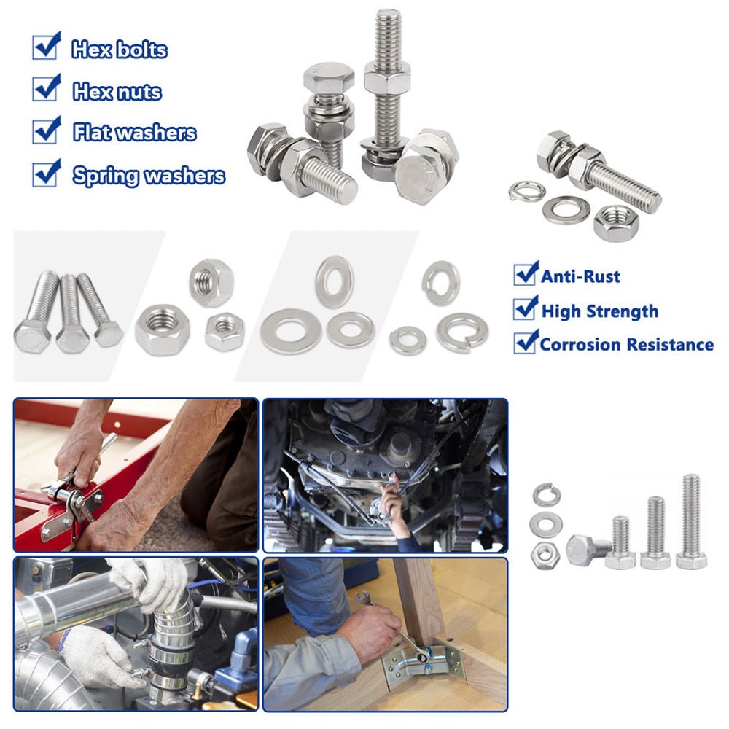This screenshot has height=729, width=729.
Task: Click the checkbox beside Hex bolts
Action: click(x=47, y=46)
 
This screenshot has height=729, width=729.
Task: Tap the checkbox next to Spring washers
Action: click(x=47, y=173)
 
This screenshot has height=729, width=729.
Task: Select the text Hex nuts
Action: click(x=117, y=92)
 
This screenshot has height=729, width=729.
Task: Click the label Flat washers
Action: click(x=135, y=133)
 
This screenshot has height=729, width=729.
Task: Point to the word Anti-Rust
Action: click(x=580, y=276)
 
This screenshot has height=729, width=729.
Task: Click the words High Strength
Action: click(x=600, y=311)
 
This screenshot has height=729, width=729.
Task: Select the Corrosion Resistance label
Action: click(x=627, y=345)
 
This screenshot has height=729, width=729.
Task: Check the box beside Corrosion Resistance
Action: click(x=526, y=342)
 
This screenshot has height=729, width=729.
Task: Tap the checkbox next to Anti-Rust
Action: click(x=526, y=273)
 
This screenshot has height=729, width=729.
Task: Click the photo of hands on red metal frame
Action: click(x=136, y=475)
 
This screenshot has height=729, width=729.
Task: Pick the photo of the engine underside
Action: click(x=386, y=475)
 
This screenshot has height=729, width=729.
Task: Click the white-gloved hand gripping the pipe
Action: click(x=148, y=584)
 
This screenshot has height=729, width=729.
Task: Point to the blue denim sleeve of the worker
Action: click(x=316, y=595)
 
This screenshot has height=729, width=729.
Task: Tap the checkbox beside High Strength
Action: click(x=526, y=308)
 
